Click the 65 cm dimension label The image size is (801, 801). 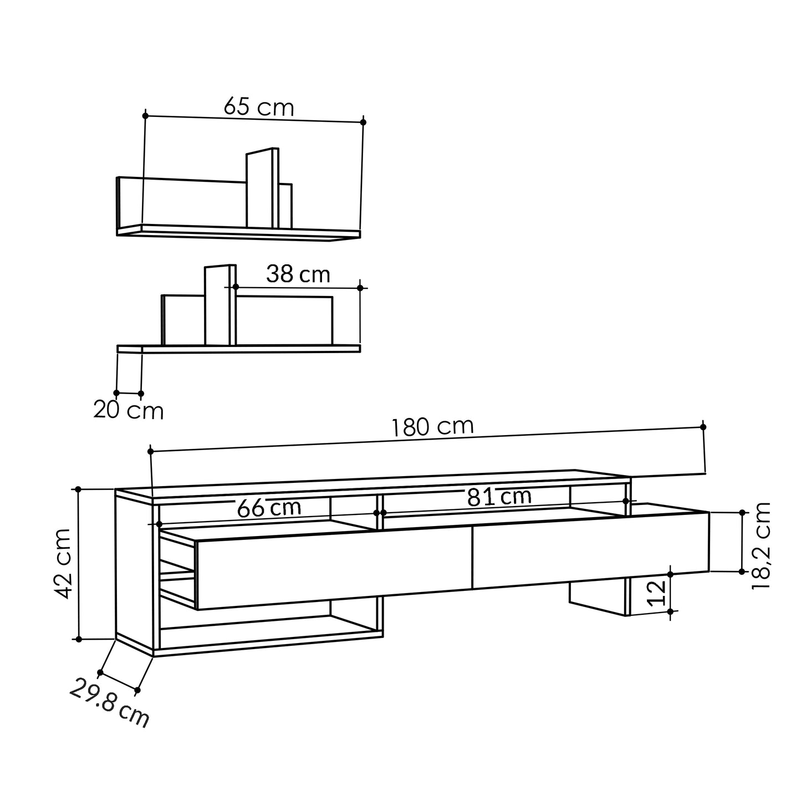(259, 106)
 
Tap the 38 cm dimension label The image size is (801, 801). (298, 274)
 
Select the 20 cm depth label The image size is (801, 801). (129, 411)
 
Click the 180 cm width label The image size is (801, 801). (432, 427)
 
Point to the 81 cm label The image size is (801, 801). (499, 497)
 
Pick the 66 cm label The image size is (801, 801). (269, 508)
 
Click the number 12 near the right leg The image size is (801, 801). (656, 594)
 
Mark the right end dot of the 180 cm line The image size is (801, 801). (703, 427)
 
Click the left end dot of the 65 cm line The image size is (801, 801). (145, 115)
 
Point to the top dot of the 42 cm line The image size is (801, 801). (78, 489)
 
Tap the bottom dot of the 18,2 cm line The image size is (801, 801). (742, 571)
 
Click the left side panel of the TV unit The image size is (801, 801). (134, 571)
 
